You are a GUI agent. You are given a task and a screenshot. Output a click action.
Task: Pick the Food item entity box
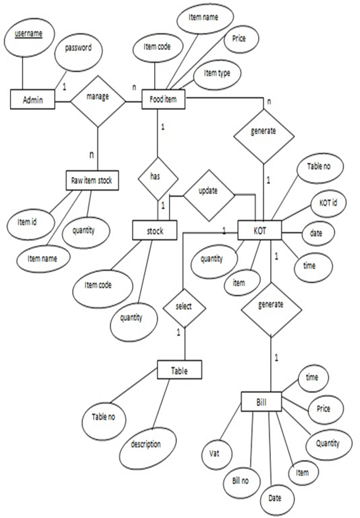point(163,99)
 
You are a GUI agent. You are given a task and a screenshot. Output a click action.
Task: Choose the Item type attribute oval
point(217,74)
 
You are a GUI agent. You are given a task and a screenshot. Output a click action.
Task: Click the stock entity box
point(155,231)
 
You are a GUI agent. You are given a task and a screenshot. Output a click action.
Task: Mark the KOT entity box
point(259,230)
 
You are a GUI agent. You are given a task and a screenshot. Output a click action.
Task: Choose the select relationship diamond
point(183,307)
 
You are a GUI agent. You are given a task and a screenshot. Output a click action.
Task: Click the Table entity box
point(179,370)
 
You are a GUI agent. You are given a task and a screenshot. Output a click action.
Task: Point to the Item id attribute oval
point(31,222)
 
